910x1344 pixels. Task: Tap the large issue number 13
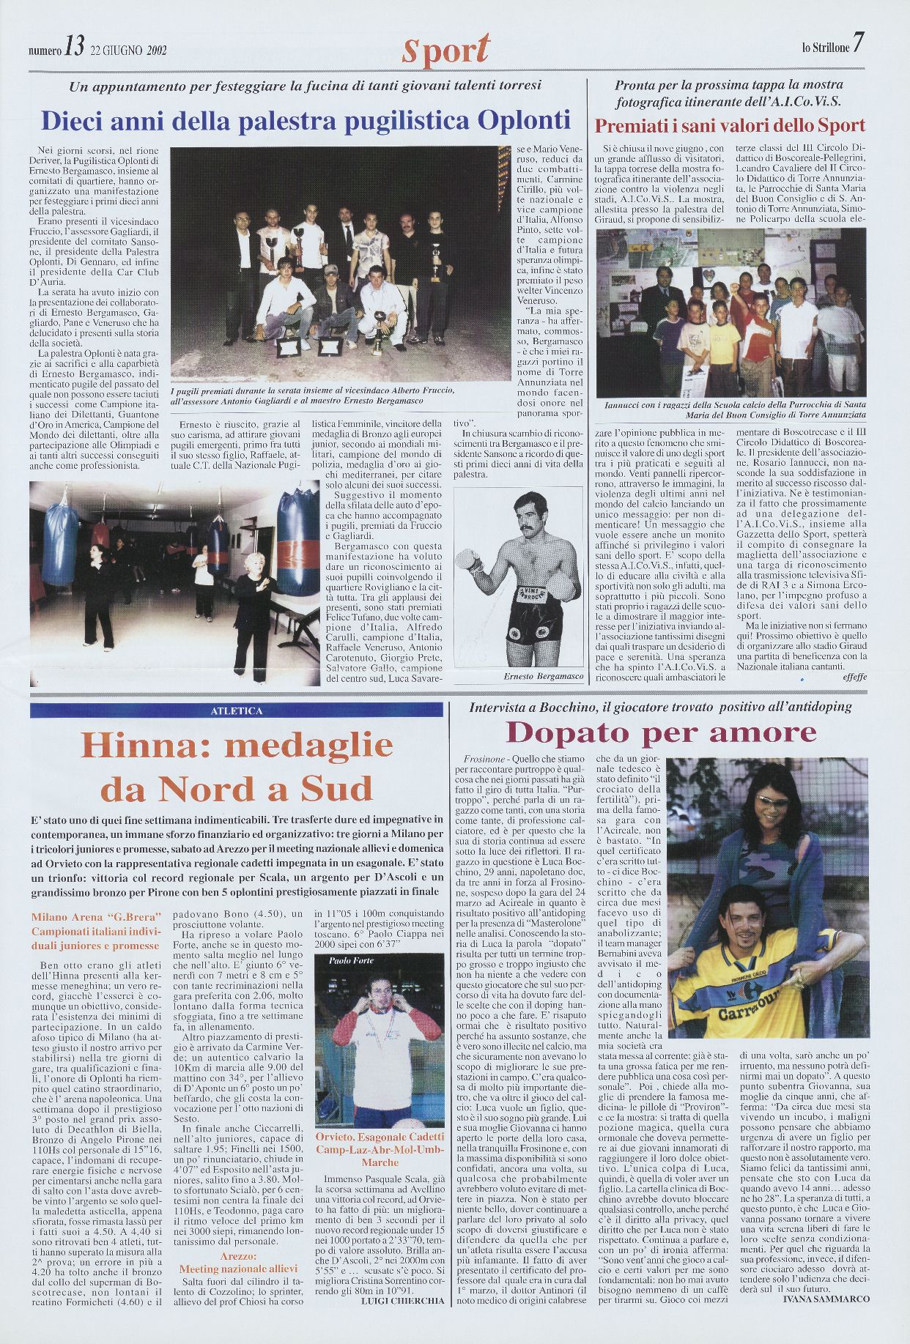tap(74, 48)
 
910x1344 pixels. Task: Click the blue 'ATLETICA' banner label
tap(236, 710)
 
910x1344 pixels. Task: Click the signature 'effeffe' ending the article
tap(854, 677)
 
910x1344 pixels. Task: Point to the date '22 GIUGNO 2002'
tap(129, 51)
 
